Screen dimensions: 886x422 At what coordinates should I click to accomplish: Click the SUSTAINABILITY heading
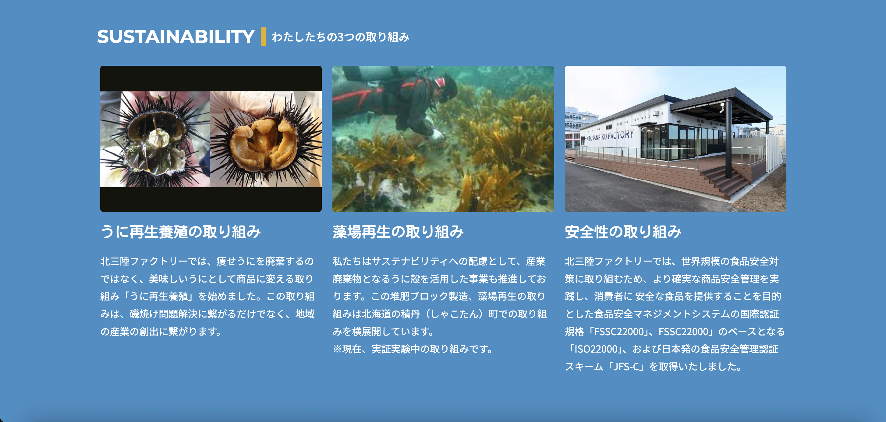[176, 37]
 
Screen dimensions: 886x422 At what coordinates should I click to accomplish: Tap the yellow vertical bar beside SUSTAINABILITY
[263, 36]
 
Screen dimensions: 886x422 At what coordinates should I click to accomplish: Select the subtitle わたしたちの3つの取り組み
[341, 37]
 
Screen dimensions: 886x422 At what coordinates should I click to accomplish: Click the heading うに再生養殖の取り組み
[181, 232]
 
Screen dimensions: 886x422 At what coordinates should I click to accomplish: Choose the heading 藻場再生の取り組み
[398, 232]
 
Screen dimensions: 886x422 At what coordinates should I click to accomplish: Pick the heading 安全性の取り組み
[623, 232]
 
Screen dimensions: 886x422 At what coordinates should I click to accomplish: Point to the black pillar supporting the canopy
[728, 141]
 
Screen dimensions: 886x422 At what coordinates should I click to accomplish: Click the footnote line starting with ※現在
[413, 349]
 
